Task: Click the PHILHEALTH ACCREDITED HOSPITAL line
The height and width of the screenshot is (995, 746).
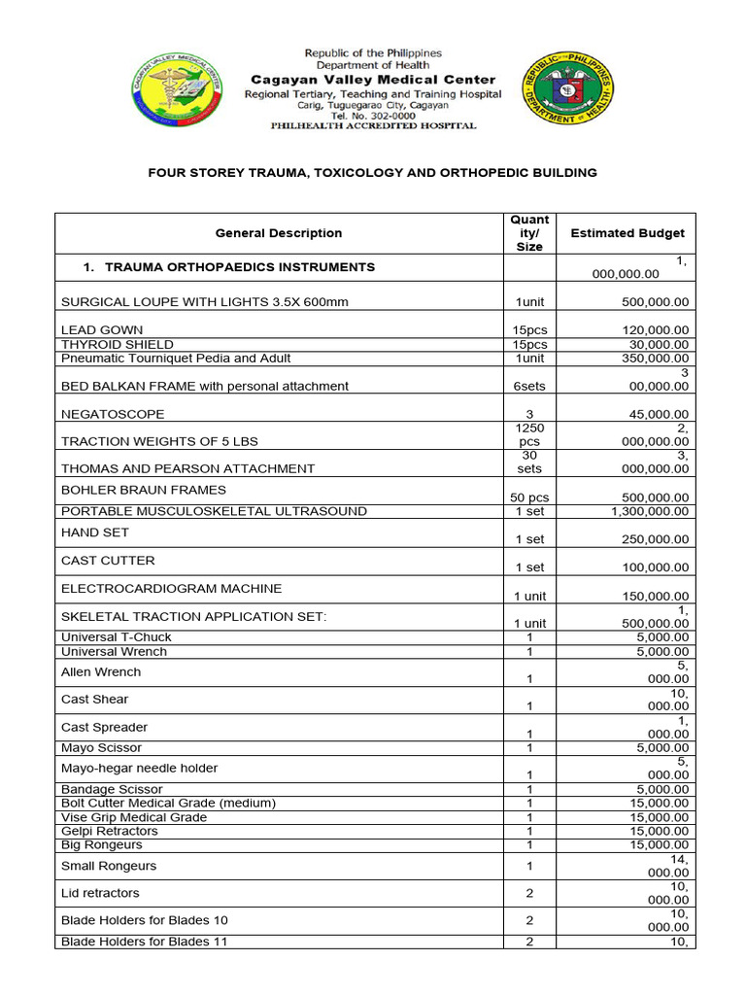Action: pos(374,126)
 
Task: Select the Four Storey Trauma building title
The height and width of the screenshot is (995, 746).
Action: pos(372,173)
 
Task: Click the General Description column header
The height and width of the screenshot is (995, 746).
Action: pos(279,233)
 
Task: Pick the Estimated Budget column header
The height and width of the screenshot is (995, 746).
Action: pos(627,233)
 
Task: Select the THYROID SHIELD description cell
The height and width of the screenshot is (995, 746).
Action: pos(118,344)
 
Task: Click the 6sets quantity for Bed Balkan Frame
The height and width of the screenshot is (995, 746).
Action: pos(530,386)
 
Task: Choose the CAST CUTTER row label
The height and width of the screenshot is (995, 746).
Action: pos(108,561)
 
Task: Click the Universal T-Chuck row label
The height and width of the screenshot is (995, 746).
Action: pos(117,637)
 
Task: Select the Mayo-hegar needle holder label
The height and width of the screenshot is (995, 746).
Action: pos(139,768)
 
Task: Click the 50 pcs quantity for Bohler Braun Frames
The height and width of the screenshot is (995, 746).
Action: pos(530,497)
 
